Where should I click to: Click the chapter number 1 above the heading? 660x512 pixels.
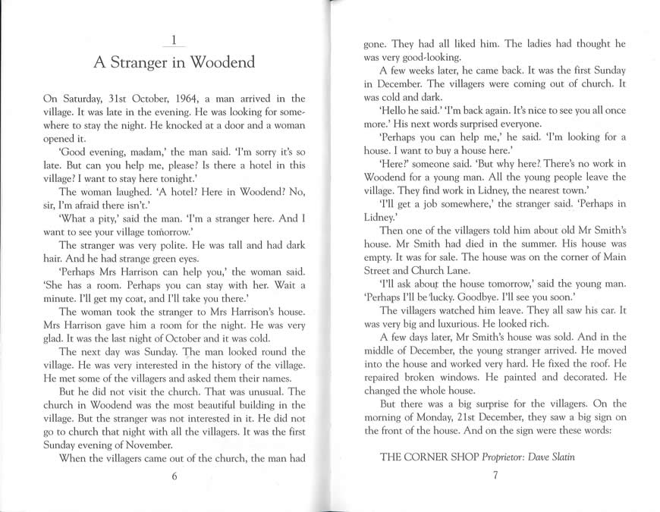pyautogui.click(x=174, y=39)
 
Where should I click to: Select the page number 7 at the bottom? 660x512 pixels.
pyautogui.click(x=495, y=476)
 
